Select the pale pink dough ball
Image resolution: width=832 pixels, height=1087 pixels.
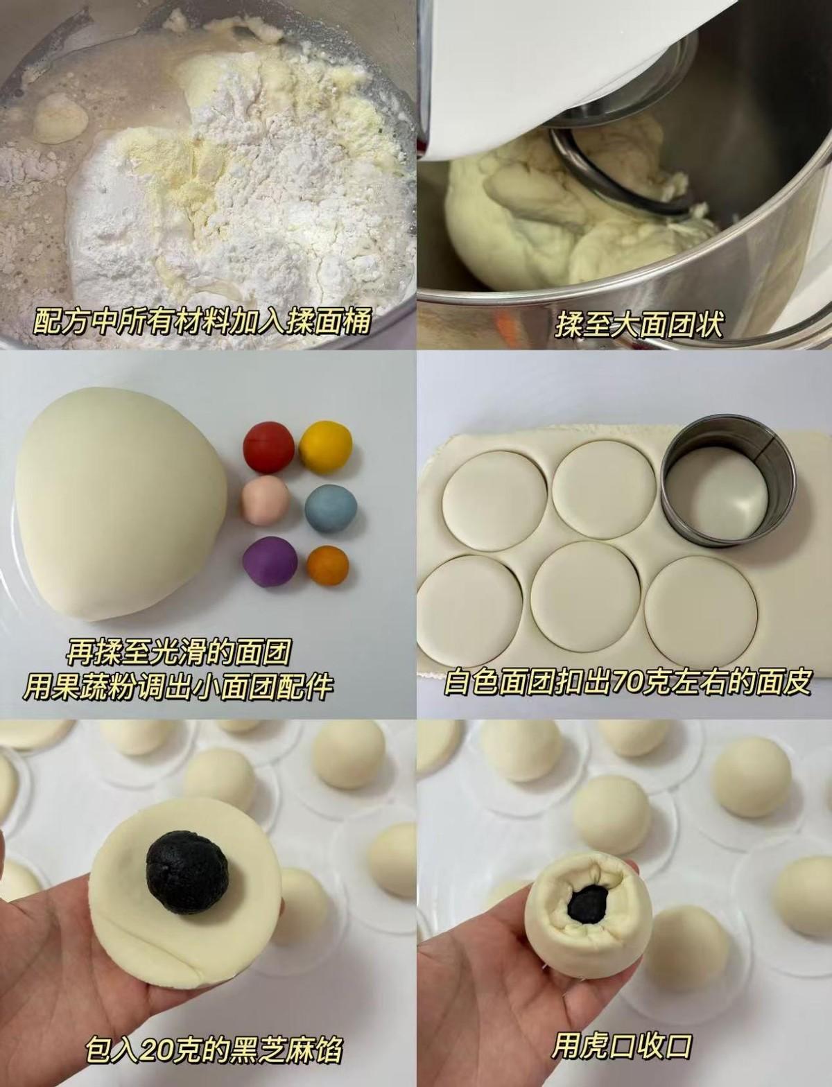[x=266, y=501]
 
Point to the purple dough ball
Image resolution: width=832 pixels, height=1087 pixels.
[x=270, y=562]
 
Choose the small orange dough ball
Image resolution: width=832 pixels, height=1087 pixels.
[x=327, y=565]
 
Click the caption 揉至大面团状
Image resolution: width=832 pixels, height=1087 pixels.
[x=639, y=325]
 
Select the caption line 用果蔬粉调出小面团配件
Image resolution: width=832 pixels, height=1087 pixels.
[x=179, y=688]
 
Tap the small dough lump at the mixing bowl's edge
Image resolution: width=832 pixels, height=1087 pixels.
[x=60, y=118]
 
